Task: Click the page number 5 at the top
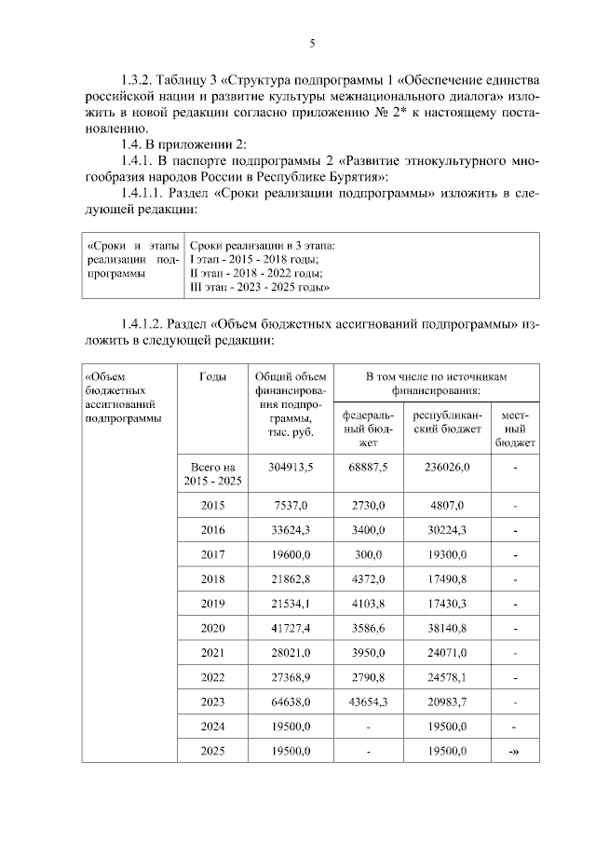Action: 312,43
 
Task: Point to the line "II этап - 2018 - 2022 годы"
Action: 256,274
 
